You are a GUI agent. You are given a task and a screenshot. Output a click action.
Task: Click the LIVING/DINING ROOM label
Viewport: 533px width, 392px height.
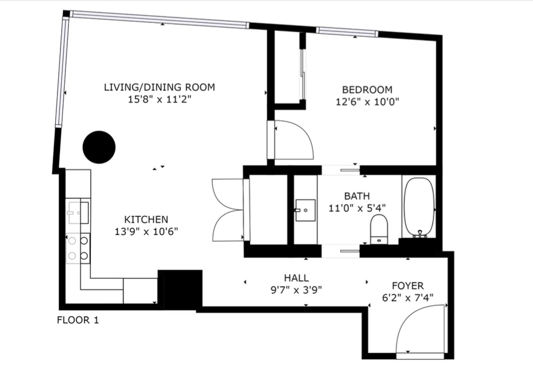point(159,87)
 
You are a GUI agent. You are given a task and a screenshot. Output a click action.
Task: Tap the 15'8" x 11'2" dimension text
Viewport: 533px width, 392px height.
point(159,99)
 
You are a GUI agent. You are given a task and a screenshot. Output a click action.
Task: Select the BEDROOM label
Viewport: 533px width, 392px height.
point(367,90)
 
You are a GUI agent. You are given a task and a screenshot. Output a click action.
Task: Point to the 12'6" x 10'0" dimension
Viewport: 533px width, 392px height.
point(367,102)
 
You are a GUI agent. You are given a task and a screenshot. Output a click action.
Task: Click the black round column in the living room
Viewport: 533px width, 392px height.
point(99,147)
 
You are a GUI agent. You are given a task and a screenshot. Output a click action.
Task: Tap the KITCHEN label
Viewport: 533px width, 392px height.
point(146,219)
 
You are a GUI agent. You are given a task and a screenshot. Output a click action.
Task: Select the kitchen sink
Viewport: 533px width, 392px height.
point(79,213)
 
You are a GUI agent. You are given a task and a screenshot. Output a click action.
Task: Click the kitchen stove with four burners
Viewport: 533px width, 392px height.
point(78,248)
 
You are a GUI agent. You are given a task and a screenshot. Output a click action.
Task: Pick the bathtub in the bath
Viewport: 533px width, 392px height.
point(419,207)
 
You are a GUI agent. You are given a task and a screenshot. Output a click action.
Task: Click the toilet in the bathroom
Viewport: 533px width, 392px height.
point(379,230)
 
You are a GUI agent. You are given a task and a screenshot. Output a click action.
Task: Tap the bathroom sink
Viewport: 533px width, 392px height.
point(305,210)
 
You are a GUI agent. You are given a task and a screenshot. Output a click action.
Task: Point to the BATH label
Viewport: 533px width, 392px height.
point(357,196)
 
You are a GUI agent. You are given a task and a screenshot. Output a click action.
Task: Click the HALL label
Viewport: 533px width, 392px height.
point(296,278)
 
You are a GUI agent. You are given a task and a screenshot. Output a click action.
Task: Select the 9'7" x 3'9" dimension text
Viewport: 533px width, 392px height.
point(296,290)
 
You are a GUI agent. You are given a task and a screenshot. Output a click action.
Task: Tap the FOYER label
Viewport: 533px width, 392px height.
point(408,285)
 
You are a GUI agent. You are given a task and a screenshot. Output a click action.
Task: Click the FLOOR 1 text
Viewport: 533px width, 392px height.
point(78,321)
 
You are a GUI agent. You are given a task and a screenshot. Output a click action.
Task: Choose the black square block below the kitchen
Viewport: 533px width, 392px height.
point(180,290)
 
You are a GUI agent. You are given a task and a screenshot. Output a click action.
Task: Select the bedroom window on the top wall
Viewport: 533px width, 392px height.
point(347,32)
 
